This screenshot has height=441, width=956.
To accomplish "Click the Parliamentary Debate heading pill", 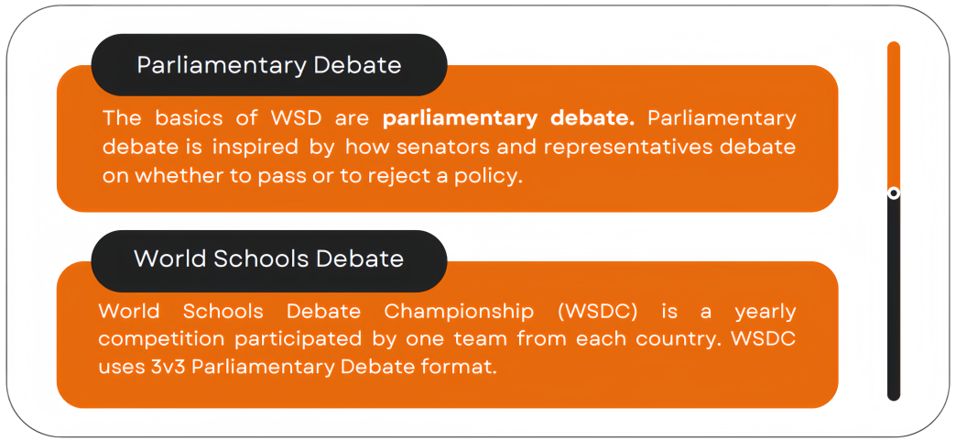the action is pyautogui.click(x=269, y=65).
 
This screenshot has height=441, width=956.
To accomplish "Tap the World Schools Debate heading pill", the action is pyautogui.click(x=269, y=260).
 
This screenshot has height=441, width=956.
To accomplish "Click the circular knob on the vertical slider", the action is pyautogui.click(x=894, y=193).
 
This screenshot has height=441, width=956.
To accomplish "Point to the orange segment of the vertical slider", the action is pyautogui.click(x=894, y=116).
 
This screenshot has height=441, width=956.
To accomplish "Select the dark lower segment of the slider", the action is pyautogui.click(x=894, y=298).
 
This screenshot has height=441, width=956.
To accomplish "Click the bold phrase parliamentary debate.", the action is pyautogui.click(x=508, y=119).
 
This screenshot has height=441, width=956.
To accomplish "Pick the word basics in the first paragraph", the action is pyautogui.click(x=195, y=118).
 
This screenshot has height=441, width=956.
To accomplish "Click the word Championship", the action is pyautogui.click(x=459, y=312).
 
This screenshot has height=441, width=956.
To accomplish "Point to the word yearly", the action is pyautogui.click(x=766, y=312).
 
